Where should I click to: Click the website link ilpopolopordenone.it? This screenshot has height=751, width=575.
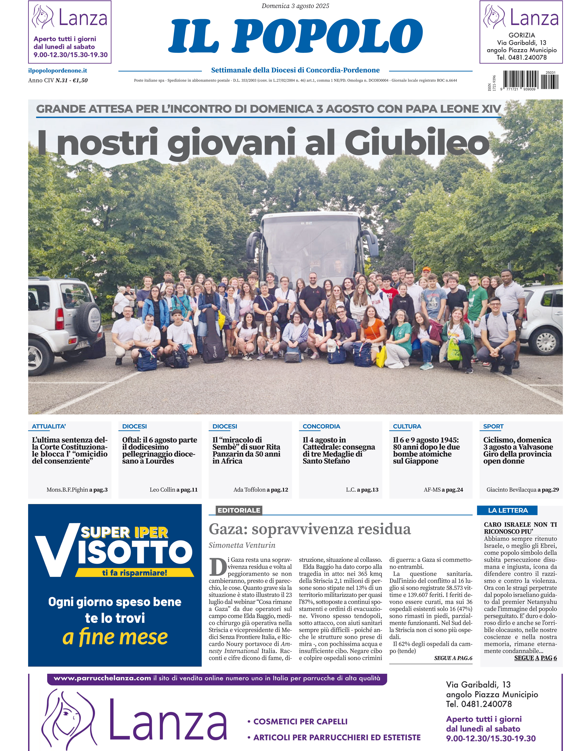click(58, 71)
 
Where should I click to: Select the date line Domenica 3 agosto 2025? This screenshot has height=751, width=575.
click(295, 6)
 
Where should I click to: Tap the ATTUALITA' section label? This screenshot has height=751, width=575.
click(49, 426)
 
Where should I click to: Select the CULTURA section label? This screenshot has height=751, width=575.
click(407, 426)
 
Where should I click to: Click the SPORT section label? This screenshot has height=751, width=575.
click(493, 426)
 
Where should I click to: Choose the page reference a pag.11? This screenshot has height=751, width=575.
click(187, 489)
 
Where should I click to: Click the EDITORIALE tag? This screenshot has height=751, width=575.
click(239, 510)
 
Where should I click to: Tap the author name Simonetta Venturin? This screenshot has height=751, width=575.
click(242, 545)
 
